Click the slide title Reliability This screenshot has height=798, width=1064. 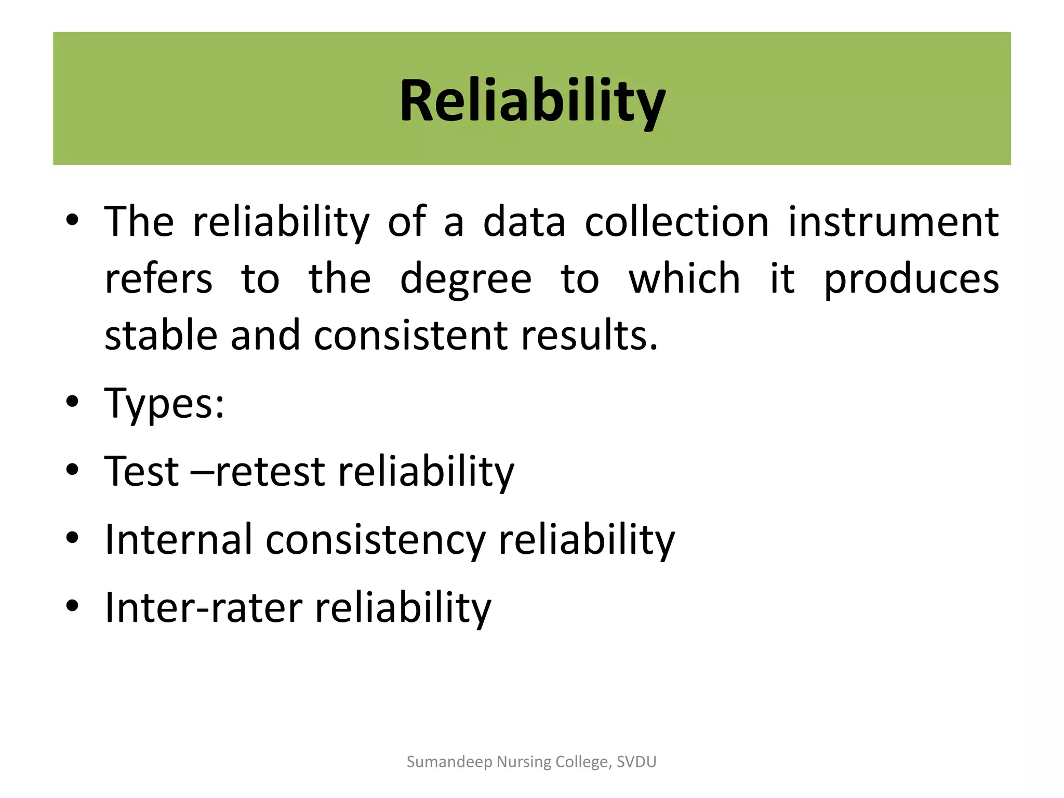coord(532,101)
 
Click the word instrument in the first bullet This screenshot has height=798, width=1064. coord(893,222)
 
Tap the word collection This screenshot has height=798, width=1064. coord(676,222)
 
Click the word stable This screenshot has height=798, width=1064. coord(161,336)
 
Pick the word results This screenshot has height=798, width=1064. coord(590,336)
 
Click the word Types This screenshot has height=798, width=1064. coord(164,404)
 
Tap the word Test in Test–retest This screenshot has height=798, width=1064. coord(141,472)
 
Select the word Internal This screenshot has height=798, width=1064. coord(179,540)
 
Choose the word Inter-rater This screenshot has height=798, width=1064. coord(204,608)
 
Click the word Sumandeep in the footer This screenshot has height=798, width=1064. coord(449,762)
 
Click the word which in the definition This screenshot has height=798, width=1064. coord(684,280)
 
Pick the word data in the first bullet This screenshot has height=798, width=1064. coord(524,222)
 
